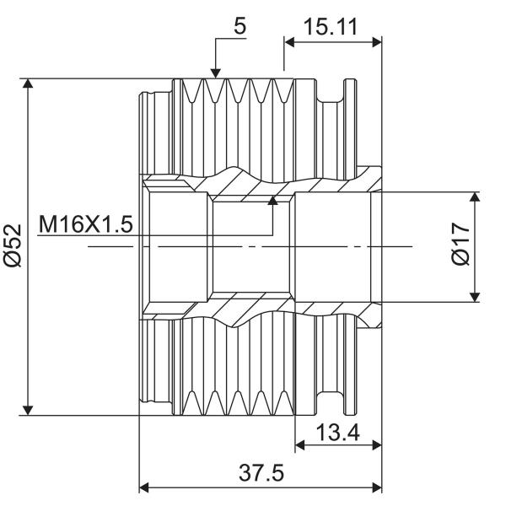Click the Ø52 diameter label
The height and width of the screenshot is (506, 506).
tap(13, 245)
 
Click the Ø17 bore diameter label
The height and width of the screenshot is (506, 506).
tap(460, 244)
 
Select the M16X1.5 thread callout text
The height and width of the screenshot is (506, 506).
tap(85, 224)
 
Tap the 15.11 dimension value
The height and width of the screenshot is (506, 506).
tap(331, 27)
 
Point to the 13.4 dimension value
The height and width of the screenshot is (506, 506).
tap(338, 433)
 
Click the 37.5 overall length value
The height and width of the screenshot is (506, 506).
tap(261, 473)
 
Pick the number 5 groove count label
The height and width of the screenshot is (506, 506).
tap(240, 26)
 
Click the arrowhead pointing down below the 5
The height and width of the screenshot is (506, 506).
tap(216, 73)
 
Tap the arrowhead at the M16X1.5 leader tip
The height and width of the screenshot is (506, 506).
tap(273, 201)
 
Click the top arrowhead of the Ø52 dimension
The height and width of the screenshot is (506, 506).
tap(28, 83)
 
